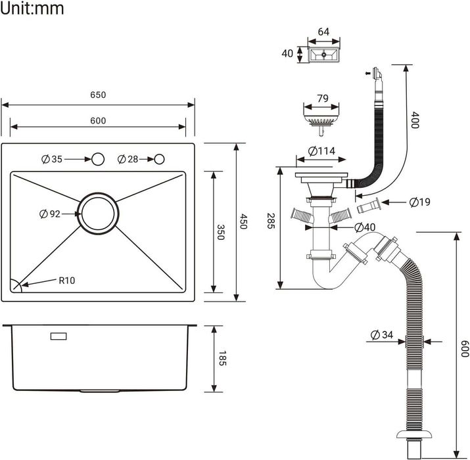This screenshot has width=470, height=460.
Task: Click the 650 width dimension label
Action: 98,95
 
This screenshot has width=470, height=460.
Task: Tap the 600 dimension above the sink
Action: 98,120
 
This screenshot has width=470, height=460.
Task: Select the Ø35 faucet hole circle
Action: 98,159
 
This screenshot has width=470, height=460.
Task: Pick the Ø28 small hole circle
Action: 160,159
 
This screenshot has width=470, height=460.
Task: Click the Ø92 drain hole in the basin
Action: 99,214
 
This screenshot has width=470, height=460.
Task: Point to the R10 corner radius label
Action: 67,281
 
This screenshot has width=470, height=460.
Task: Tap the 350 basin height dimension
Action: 222,232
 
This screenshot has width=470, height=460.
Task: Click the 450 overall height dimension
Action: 244,222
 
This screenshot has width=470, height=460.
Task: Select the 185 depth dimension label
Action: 222,359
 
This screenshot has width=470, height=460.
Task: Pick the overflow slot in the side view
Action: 59,336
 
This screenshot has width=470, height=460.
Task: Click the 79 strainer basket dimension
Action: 322,99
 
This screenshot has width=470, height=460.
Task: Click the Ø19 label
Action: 419,202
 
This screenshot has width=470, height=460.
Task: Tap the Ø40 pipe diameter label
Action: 365,227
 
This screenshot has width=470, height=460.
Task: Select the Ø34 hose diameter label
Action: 381,335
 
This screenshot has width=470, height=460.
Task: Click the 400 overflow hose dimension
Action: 415,120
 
